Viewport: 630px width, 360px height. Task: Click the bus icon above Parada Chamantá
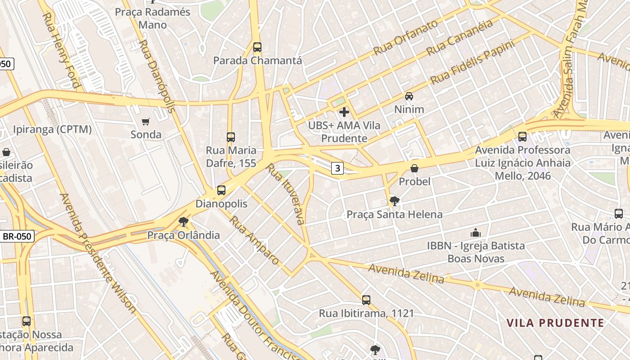(x=257, y=47)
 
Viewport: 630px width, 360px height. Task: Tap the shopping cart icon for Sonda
(x=145, y=121)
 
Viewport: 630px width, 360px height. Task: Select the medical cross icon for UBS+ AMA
(x=344, y=112)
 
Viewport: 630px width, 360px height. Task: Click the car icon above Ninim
(x=409, y=96)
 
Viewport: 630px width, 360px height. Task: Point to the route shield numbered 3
(x=337, y=168)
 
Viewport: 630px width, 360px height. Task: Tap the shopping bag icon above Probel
(x=414, y=168)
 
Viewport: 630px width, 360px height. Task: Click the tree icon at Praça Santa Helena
(x=395, y=201)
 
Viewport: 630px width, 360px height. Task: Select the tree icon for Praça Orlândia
(x=184, y=222)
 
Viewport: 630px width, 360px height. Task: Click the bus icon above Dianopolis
(x=221, y=190)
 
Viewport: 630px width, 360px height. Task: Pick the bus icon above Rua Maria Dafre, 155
(x=231, y=137)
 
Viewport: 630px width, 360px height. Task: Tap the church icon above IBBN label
(x=476, y=233)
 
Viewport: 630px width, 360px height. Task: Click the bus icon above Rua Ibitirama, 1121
(x=366, y=300)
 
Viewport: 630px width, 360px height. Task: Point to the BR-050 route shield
(x=17, y=236)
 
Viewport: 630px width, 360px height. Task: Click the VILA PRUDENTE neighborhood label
(x=555, y=323)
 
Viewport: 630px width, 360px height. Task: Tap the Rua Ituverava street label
(x=286, y=193)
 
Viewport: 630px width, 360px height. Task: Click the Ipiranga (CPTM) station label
(x=52, y=130)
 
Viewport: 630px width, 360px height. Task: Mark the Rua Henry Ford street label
(x=61, y=49)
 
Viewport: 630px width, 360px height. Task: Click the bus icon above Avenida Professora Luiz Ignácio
(x=522, y=137)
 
